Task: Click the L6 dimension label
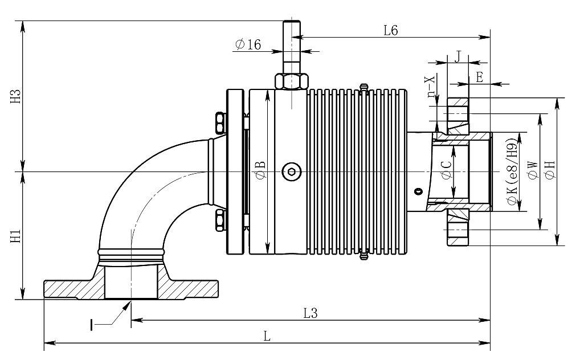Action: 390,31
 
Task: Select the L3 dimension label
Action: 310,313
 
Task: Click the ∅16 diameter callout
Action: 248,44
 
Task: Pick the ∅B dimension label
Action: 260,171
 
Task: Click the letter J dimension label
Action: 457,56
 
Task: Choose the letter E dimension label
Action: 479,77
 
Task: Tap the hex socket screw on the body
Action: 290,171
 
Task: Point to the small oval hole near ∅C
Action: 419,191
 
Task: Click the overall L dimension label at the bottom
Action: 267,336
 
